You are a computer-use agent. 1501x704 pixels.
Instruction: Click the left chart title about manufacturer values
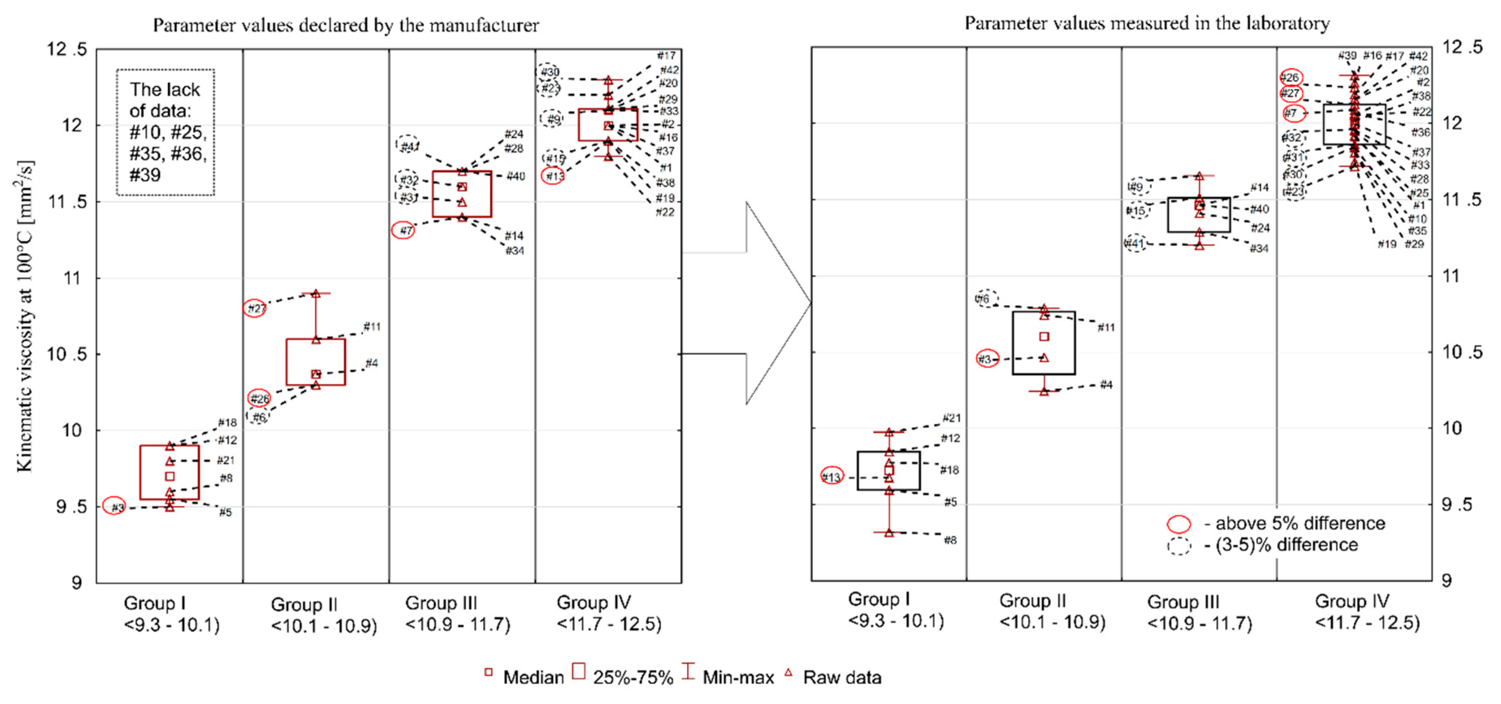coord(346,25)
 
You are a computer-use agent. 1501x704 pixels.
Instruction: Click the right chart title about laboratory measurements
coord(1147,23)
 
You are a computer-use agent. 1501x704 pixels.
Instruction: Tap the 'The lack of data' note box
coord(165,132)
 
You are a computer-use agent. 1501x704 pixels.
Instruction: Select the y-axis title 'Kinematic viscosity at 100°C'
coord(24,315)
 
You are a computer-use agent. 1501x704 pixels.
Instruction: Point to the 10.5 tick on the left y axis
coord(67,354)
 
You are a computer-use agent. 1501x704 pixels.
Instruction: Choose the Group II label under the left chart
coord(323,615)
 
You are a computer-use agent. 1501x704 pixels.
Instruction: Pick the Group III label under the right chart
coord(1199,613)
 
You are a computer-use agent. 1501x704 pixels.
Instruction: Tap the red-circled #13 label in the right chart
coord(831,477)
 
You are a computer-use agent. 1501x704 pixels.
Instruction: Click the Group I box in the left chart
coord(170,472)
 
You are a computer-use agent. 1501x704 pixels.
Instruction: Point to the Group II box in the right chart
coord(1044,343)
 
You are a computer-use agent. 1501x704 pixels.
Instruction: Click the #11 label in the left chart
coord(372,326)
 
